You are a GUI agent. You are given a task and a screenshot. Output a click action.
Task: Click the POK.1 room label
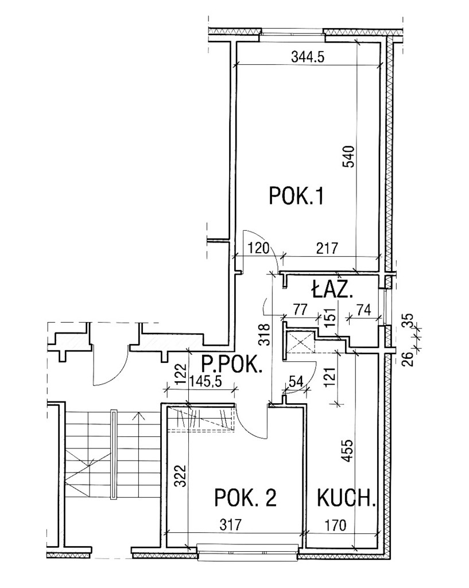296,196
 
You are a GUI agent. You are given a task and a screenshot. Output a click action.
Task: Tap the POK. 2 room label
245,498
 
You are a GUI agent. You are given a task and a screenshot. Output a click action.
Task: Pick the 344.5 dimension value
308,57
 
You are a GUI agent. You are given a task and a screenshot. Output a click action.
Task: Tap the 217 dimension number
327,248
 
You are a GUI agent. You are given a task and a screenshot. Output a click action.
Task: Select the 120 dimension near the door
258,248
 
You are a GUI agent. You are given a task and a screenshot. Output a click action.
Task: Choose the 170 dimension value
335,525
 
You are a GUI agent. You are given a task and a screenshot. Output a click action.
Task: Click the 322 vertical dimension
181,476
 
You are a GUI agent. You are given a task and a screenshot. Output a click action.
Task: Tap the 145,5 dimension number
206,381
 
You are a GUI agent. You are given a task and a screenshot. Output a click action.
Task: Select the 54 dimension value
296,381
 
